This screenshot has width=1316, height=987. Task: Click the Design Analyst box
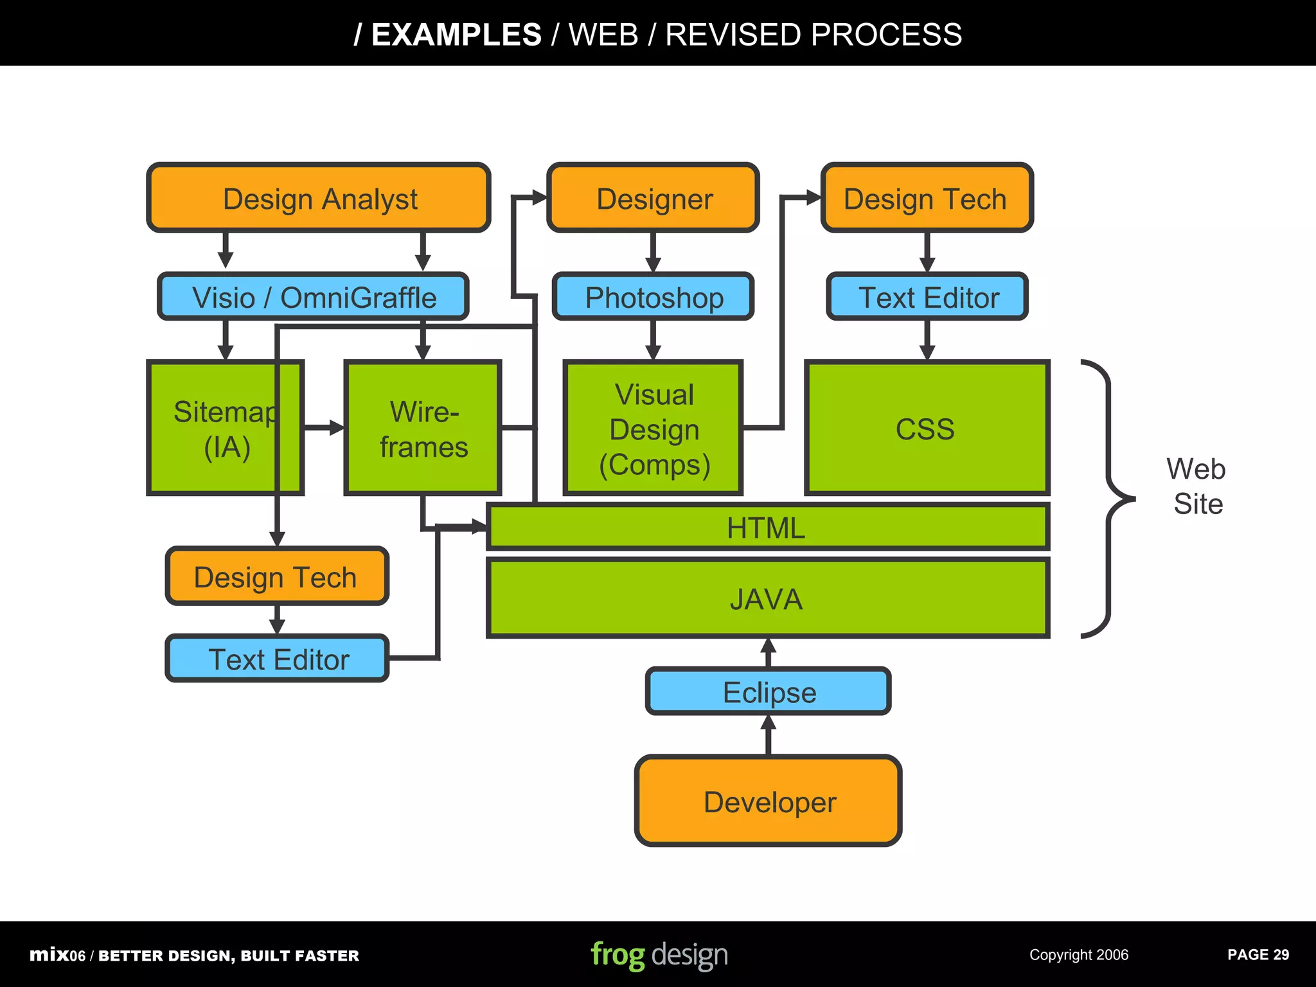click(x=319, y=198)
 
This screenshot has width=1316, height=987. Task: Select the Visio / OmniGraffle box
click(x=314, y=297)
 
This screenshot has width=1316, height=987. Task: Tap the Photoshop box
click(x=653, y=297)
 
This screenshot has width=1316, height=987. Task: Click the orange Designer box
click(x=653, y=198)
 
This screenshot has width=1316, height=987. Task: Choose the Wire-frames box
click(x=423, y=429)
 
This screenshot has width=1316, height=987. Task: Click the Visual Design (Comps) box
click(x=653, y=429)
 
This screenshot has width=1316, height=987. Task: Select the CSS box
click(x=926, y=429)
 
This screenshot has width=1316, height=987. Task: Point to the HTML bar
click(x=767, y=528)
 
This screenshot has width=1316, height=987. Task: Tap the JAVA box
click(x=767, y=598)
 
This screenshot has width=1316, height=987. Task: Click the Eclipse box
click(x=769, y=691)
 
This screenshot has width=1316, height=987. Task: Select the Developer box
click(x=769, y=801)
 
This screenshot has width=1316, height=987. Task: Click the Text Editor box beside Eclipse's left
click(x=278, y=659)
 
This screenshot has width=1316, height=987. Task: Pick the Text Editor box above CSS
click(x=927, y=297)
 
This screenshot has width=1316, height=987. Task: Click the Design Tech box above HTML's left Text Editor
click(x=276, y=576)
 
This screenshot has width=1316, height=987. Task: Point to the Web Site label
click(x=1196, y=486)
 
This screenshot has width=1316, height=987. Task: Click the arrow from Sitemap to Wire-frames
click(x=325, y=427)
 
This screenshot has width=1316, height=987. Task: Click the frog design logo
click(x=659, y=955)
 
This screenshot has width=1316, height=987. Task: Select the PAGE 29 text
click(x=1258, y=955)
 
